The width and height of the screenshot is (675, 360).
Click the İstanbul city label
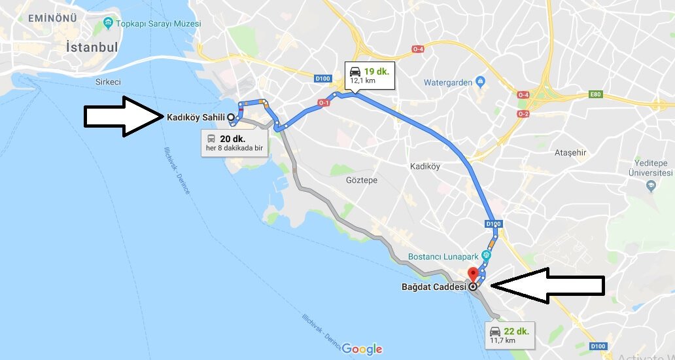click(x=92, y=48)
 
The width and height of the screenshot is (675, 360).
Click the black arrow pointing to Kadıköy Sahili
click(x=123, y=117)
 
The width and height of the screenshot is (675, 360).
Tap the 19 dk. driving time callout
click(x=369, y=75)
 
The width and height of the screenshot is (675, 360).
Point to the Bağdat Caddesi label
click(x=433, y=286)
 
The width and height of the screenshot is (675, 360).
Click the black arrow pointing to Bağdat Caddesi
click(x=547, y=285)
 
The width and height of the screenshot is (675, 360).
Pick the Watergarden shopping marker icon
click(x=481, y=82)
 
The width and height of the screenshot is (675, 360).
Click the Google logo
click(x=362, y=349)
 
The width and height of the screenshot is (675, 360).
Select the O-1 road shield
click(x=323, y=103)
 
